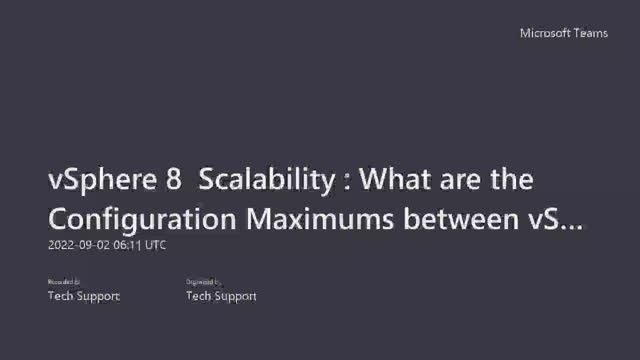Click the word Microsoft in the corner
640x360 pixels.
tap(544, 33)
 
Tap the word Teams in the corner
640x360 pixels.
tap(589, 33)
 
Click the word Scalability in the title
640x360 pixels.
tap(266, 181)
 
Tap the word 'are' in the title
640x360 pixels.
tap(461, 181)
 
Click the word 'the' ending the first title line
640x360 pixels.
tap(513, 180)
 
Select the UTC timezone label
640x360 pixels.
tap(157, 245)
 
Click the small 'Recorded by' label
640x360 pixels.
tap(64, 283)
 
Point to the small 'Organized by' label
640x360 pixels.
tap(204, 283)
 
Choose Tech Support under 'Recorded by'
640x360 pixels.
tap(84, 296)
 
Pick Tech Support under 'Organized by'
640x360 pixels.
tap(221, 296)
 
